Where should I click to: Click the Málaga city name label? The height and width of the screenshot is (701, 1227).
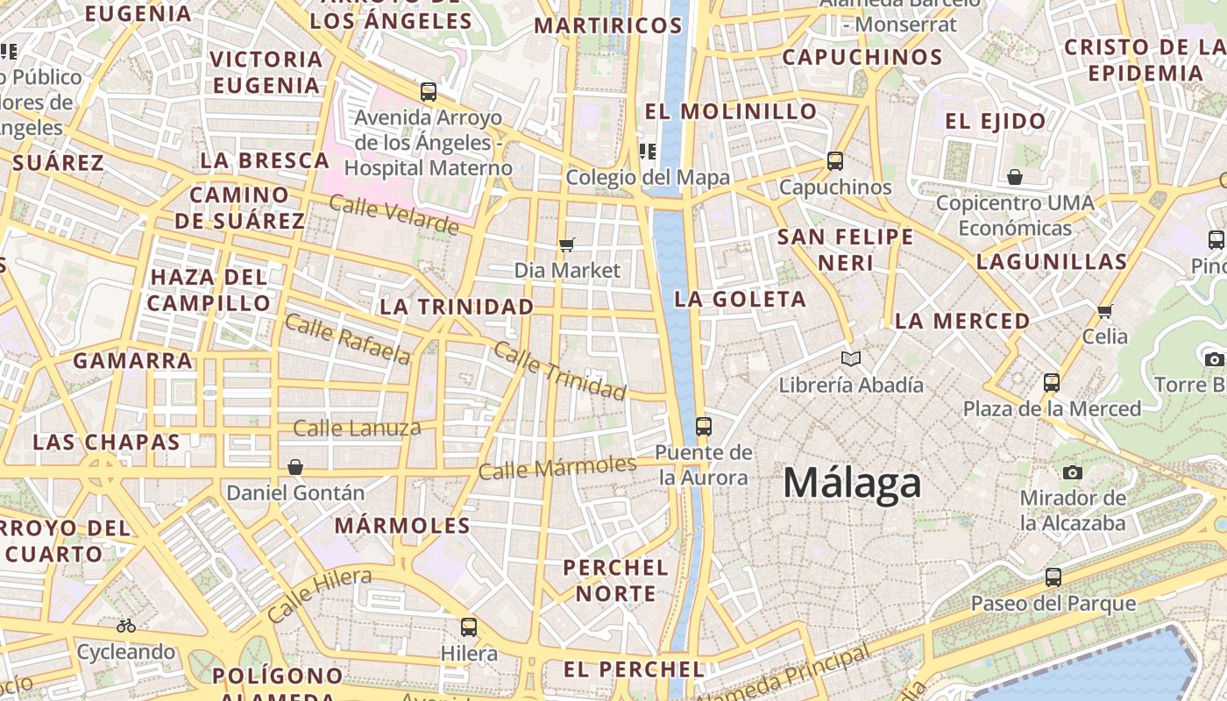[852, 484]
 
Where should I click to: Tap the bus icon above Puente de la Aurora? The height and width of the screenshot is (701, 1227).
[703, 427]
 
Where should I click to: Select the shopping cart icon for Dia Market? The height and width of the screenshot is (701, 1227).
[567, 244]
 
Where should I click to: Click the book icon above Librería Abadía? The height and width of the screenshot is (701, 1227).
[850, 358]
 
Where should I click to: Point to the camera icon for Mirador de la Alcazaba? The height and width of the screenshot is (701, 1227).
[1072, 473]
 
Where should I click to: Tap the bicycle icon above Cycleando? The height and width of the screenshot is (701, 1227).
[126, 626]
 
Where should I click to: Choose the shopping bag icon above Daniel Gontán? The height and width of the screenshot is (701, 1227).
[295, 467]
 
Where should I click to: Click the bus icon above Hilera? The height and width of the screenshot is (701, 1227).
[469, 627]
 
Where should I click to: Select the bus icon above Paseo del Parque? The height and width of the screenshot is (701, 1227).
[1053, 577]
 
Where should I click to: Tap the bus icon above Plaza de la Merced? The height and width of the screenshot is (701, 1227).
[1052, 383]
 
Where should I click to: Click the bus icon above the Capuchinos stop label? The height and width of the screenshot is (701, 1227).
[834, 161]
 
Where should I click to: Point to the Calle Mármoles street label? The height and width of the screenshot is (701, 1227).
[557, 467]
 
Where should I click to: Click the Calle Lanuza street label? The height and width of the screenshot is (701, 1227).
[357, 428]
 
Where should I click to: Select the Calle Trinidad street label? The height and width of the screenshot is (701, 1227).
[559, 370]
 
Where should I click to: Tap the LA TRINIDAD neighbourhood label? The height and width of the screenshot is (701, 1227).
[457, 307]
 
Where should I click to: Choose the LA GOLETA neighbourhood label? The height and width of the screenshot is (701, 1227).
[740, 300]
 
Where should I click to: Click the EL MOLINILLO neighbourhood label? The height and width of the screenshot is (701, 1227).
[730, 111]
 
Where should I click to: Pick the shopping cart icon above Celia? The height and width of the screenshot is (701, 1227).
[1104, 311]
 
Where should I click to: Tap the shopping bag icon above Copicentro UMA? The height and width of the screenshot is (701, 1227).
[1015, 177]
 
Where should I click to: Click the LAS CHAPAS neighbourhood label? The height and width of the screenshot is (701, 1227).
[106, 442]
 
